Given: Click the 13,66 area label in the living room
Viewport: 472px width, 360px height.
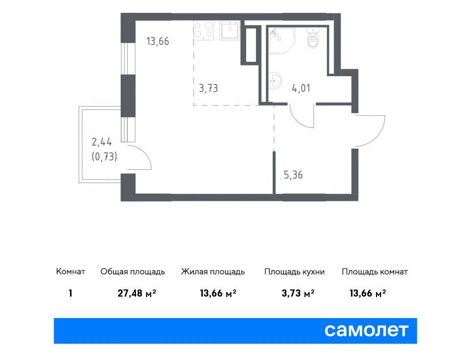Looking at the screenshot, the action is pos(158,41).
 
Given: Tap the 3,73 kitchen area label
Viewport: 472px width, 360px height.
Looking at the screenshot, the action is pos(208,88).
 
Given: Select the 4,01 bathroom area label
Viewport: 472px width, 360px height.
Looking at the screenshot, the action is pos(301,88).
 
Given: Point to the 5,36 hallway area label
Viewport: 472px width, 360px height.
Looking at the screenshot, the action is pos(293,175).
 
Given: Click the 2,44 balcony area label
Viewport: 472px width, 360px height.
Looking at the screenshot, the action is pos(102,142).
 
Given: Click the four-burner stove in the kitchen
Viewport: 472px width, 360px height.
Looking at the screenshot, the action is pos(204,30).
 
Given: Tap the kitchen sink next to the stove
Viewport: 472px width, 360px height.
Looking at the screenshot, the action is pos(230,30).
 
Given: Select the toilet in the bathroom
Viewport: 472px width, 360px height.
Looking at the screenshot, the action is pos(313,38).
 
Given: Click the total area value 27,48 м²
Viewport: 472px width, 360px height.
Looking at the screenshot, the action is pos(137,293).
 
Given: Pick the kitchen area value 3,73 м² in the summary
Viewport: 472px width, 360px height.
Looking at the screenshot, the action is pos(298,293).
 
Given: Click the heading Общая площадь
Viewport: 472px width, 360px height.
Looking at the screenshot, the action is pos(132,272).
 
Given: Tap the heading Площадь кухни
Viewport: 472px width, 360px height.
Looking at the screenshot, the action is pos(294,272).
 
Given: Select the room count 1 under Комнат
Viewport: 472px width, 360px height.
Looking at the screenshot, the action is pos(70,293).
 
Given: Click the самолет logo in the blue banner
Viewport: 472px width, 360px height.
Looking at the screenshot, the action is pos(366,330).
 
